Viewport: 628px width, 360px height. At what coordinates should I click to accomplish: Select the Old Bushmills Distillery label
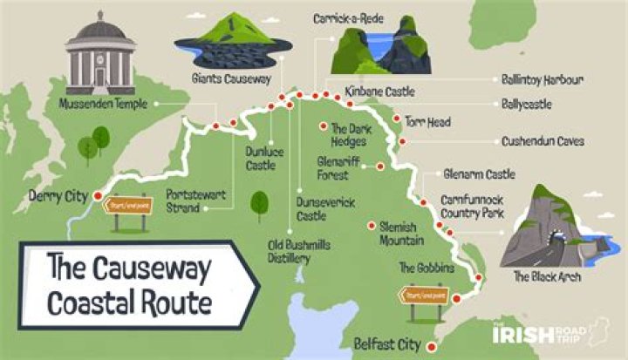click(299, 252)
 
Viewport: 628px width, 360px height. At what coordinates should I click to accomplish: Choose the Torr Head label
click(427, 123)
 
